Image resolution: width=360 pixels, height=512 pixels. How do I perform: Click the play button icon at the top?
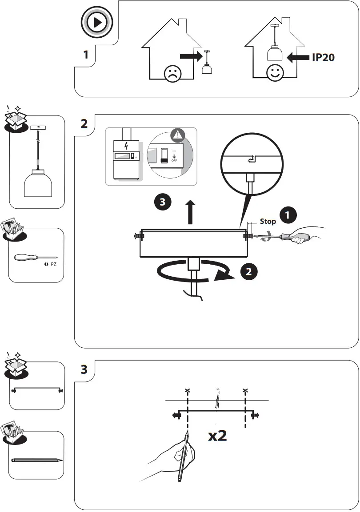tap(96, 22)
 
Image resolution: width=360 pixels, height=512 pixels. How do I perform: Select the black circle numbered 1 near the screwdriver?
tap(288, 215)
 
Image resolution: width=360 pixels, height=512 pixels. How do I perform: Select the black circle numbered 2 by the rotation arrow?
tap(249, 272)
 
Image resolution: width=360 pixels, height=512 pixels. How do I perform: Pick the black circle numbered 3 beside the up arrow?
tap(162, 202)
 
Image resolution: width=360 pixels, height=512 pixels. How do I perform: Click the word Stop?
tap(268, 221)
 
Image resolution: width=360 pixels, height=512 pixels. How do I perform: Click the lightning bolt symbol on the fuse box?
tap(126, 145)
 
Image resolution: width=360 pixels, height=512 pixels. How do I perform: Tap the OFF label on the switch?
tap(174, 160)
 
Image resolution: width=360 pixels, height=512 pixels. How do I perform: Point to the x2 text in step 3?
tap(217, 436)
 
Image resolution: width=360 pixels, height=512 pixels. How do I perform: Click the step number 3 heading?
tap(84, 369)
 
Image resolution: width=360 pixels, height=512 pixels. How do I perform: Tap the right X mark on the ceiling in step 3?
tap(245, 391)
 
